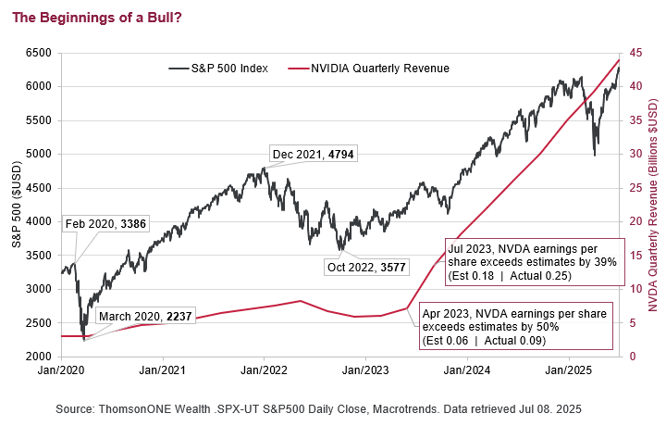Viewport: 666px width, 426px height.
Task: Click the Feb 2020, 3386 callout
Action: [x=105, y=223]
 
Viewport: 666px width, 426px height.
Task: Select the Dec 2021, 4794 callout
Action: [x=313, y=154]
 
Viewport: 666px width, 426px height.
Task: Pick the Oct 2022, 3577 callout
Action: [x=369, y=268]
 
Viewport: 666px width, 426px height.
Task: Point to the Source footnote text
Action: [x=332, y=408]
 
